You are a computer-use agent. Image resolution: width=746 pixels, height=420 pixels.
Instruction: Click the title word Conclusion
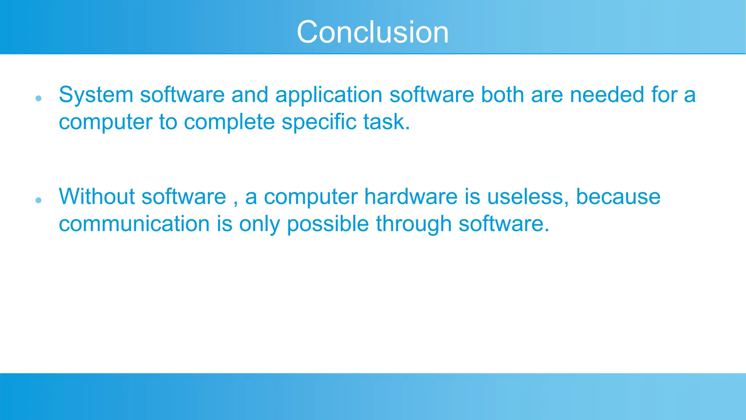pyautogui.click(x=373, y=32)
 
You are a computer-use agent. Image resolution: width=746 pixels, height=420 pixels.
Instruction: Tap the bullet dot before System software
pyautogui.click(x=39, y=98)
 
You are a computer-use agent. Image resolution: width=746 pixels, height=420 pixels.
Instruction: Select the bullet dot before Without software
pyautogui.click(x=39, y=200)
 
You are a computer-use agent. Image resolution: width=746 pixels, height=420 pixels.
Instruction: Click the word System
pyautogui.click(x=96, y=96)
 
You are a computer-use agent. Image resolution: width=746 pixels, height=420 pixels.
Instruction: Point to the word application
pyautogui.click(x=329, y=96)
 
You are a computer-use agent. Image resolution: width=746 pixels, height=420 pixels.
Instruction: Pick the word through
pyautogui.click(x=413, y=225)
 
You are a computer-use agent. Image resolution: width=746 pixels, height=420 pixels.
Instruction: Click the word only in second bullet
pyautogui.click(x=259, y=225)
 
